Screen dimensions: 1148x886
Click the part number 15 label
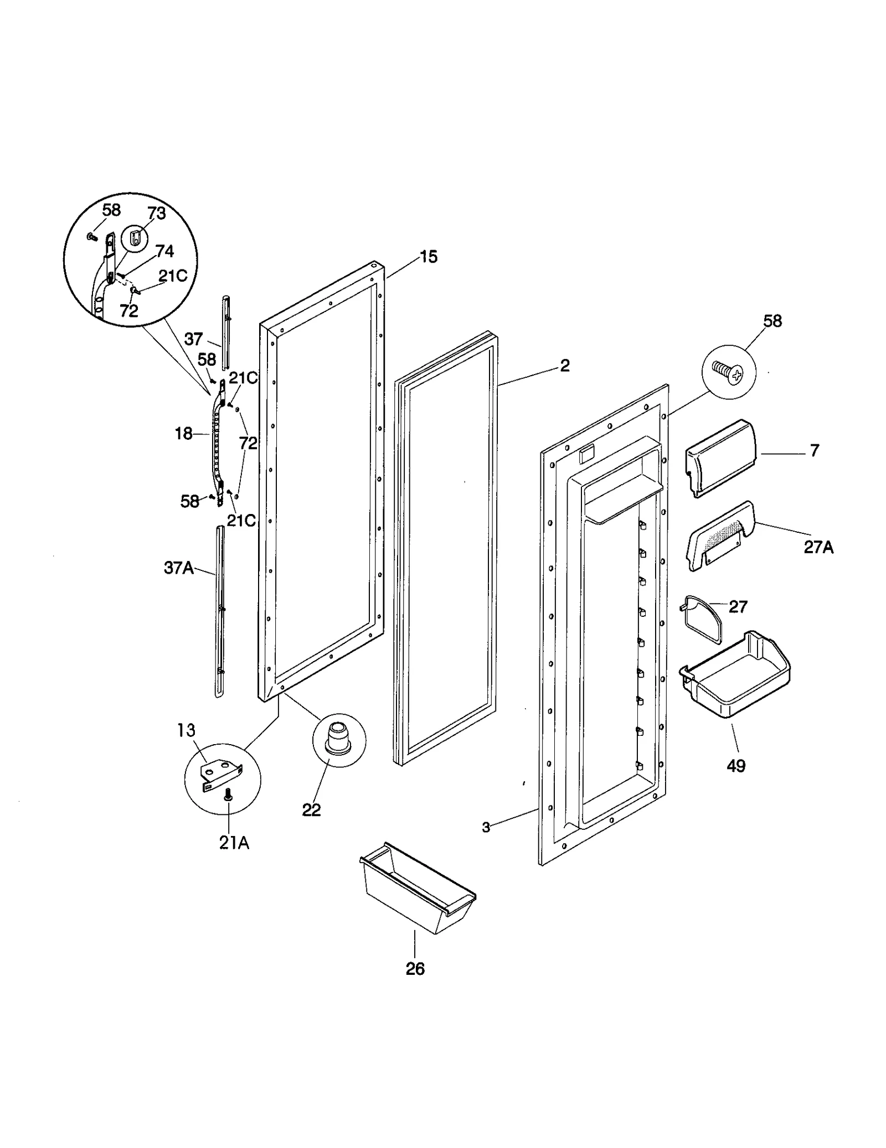tap(428, 257)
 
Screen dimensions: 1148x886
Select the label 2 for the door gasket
tap(564, 366)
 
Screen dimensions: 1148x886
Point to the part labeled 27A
tap(720, 534)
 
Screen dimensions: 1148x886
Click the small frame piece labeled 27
tap(701, 619)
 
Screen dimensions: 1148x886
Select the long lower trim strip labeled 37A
tap(218, 609)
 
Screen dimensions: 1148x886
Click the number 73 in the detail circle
tap(157, 214)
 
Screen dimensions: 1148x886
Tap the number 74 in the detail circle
tap(164, 252)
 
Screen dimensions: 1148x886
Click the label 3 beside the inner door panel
tap(486, 828)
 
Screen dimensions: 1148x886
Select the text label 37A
tap(179, 568)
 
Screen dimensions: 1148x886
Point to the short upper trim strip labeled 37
tap(226, 332)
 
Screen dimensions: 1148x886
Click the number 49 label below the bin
tap(735, 766)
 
